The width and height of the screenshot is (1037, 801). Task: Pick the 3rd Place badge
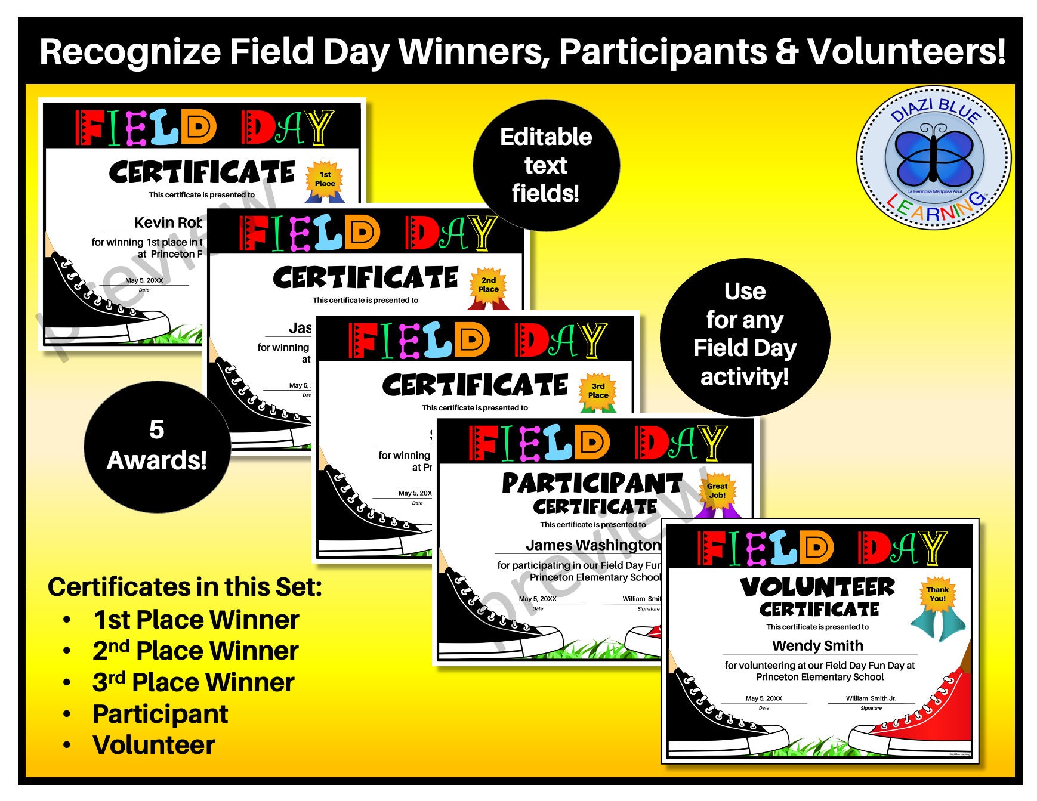point(598,391)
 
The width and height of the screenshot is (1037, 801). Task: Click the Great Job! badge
point(717,491)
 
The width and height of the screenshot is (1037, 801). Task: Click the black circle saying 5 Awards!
point(157,446)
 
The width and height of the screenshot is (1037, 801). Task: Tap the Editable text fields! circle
point(546,165)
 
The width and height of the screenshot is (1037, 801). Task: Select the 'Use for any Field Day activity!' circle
point(745,335)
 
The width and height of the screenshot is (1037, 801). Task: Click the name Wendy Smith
point(817,645)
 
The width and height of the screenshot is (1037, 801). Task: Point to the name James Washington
point(593,545)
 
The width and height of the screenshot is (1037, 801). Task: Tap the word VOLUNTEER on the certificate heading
point(817,587)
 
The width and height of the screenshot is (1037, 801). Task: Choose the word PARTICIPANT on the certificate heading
point(591,483)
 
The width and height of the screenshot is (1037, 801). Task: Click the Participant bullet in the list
point(160,714)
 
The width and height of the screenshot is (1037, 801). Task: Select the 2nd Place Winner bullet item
point(195,651)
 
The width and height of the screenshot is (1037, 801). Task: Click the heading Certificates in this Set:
point(185,587)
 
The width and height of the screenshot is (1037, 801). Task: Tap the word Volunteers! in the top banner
point(906,52)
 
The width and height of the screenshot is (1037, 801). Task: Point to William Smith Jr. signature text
point(871,698)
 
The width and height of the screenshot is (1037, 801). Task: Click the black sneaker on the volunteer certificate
point(716,722)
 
